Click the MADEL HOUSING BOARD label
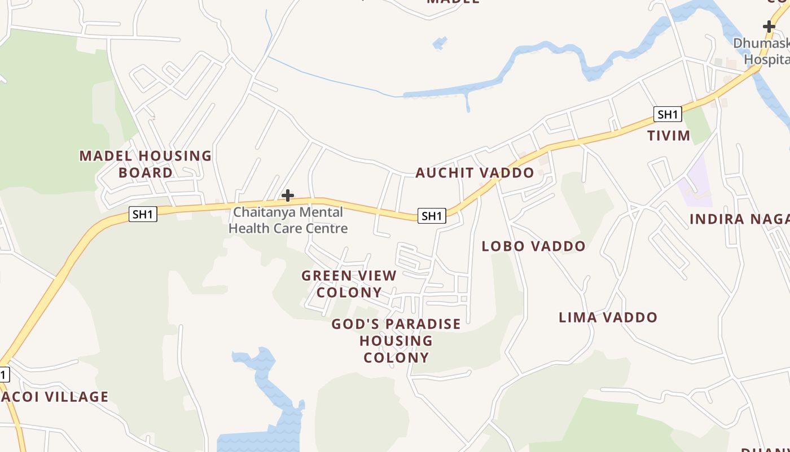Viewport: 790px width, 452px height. pos(146,164)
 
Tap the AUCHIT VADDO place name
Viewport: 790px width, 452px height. pos(475,173)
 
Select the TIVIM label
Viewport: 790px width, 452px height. pos(669,136)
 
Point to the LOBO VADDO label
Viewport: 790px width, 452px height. pos(533,246)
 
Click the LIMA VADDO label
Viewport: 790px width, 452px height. pos(608,318)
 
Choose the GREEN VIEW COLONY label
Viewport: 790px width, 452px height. pos(349,284)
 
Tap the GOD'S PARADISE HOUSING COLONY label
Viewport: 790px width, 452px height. pos(396,341)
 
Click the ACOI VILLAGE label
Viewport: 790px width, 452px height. pos(55,397)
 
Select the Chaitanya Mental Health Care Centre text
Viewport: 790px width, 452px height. pos(288,220)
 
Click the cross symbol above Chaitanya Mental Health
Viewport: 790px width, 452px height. pos(288,195)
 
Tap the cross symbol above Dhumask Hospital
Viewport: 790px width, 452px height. pos(769,26)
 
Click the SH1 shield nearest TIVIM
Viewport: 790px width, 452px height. pos(668,115)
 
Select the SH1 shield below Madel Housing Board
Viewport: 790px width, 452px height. pos(143,214)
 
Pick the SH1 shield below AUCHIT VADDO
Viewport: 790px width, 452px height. pos(432,215)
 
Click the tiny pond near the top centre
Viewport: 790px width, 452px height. pos(440,42)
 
